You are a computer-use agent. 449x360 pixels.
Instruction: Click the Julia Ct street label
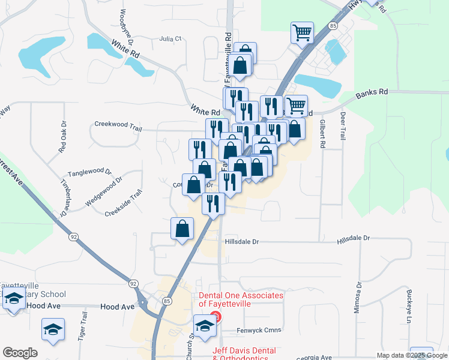[x=170, y=38]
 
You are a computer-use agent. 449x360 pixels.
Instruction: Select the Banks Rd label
[x=372, y=94]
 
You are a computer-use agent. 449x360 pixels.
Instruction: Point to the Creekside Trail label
[x=123, y=203]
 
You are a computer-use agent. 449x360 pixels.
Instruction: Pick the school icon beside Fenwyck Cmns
[x=205, y=326]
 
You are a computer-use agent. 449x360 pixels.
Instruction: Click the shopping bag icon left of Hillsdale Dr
[x=182, y=229]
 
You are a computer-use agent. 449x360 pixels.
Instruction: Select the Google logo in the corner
[x=20, y=353]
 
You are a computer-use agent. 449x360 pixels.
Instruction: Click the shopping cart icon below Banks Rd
[x=296, y=106]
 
